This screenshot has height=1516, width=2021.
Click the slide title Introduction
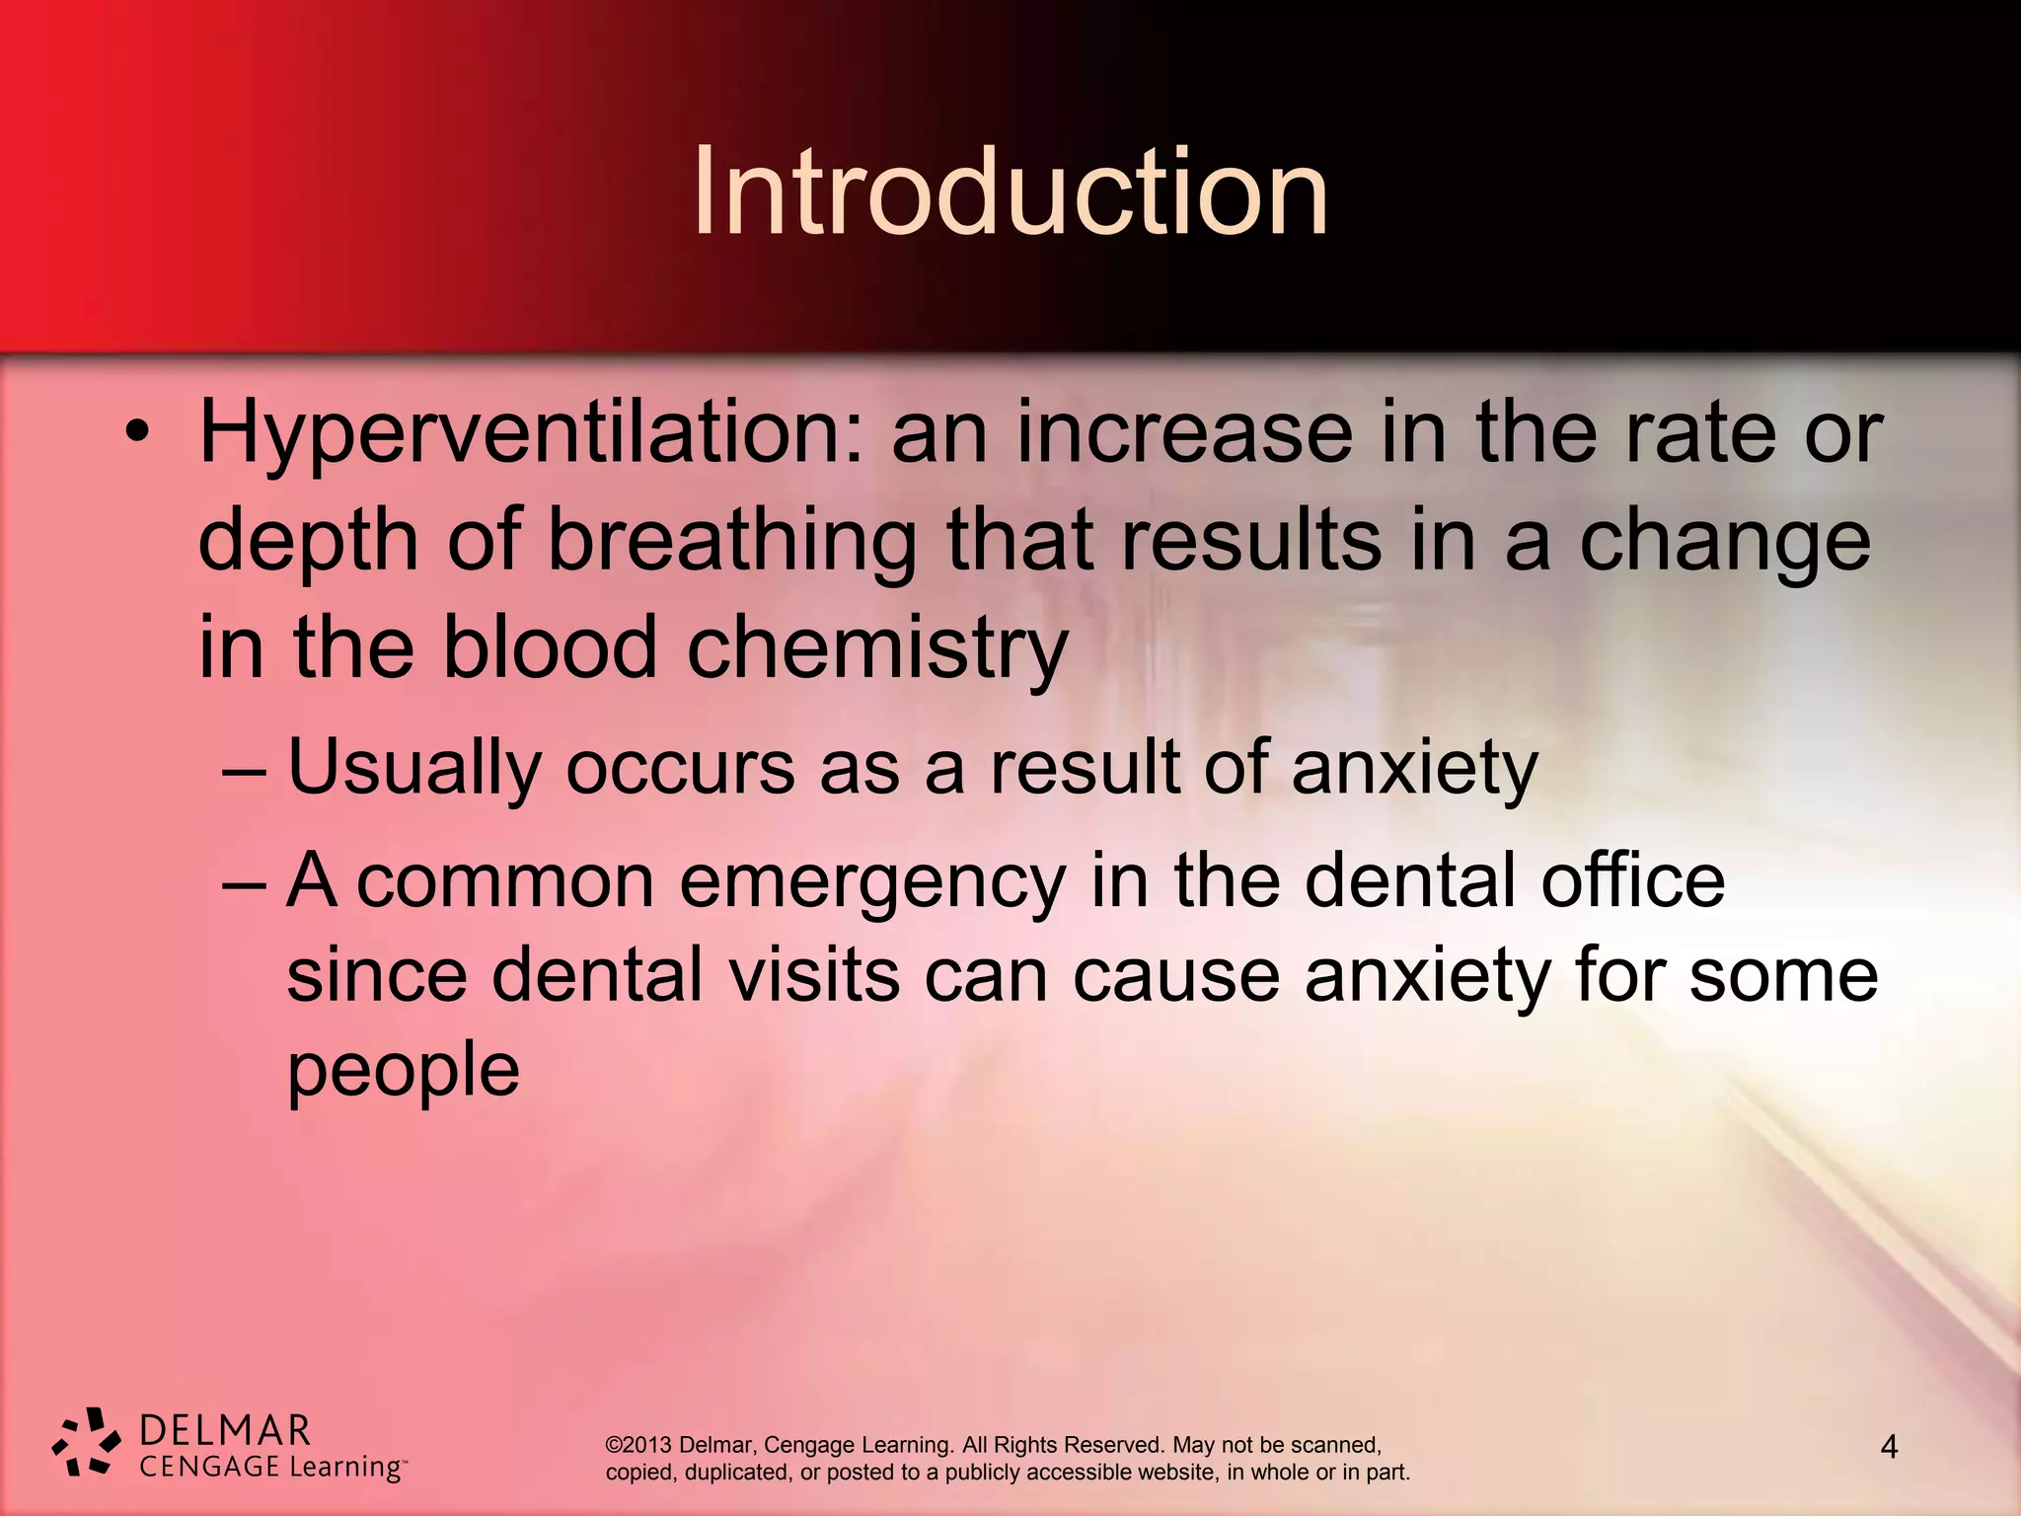1010,192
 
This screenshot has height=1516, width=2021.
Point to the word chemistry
877,649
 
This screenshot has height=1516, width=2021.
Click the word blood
549,647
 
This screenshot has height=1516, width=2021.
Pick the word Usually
414,769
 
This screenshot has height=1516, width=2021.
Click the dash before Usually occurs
244,769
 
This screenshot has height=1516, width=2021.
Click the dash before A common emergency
244,881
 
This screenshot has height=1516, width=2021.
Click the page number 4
1889,1448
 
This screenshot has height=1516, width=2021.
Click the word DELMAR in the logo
225,1430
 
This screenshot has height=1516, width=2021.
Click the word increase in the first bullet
1184,435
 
